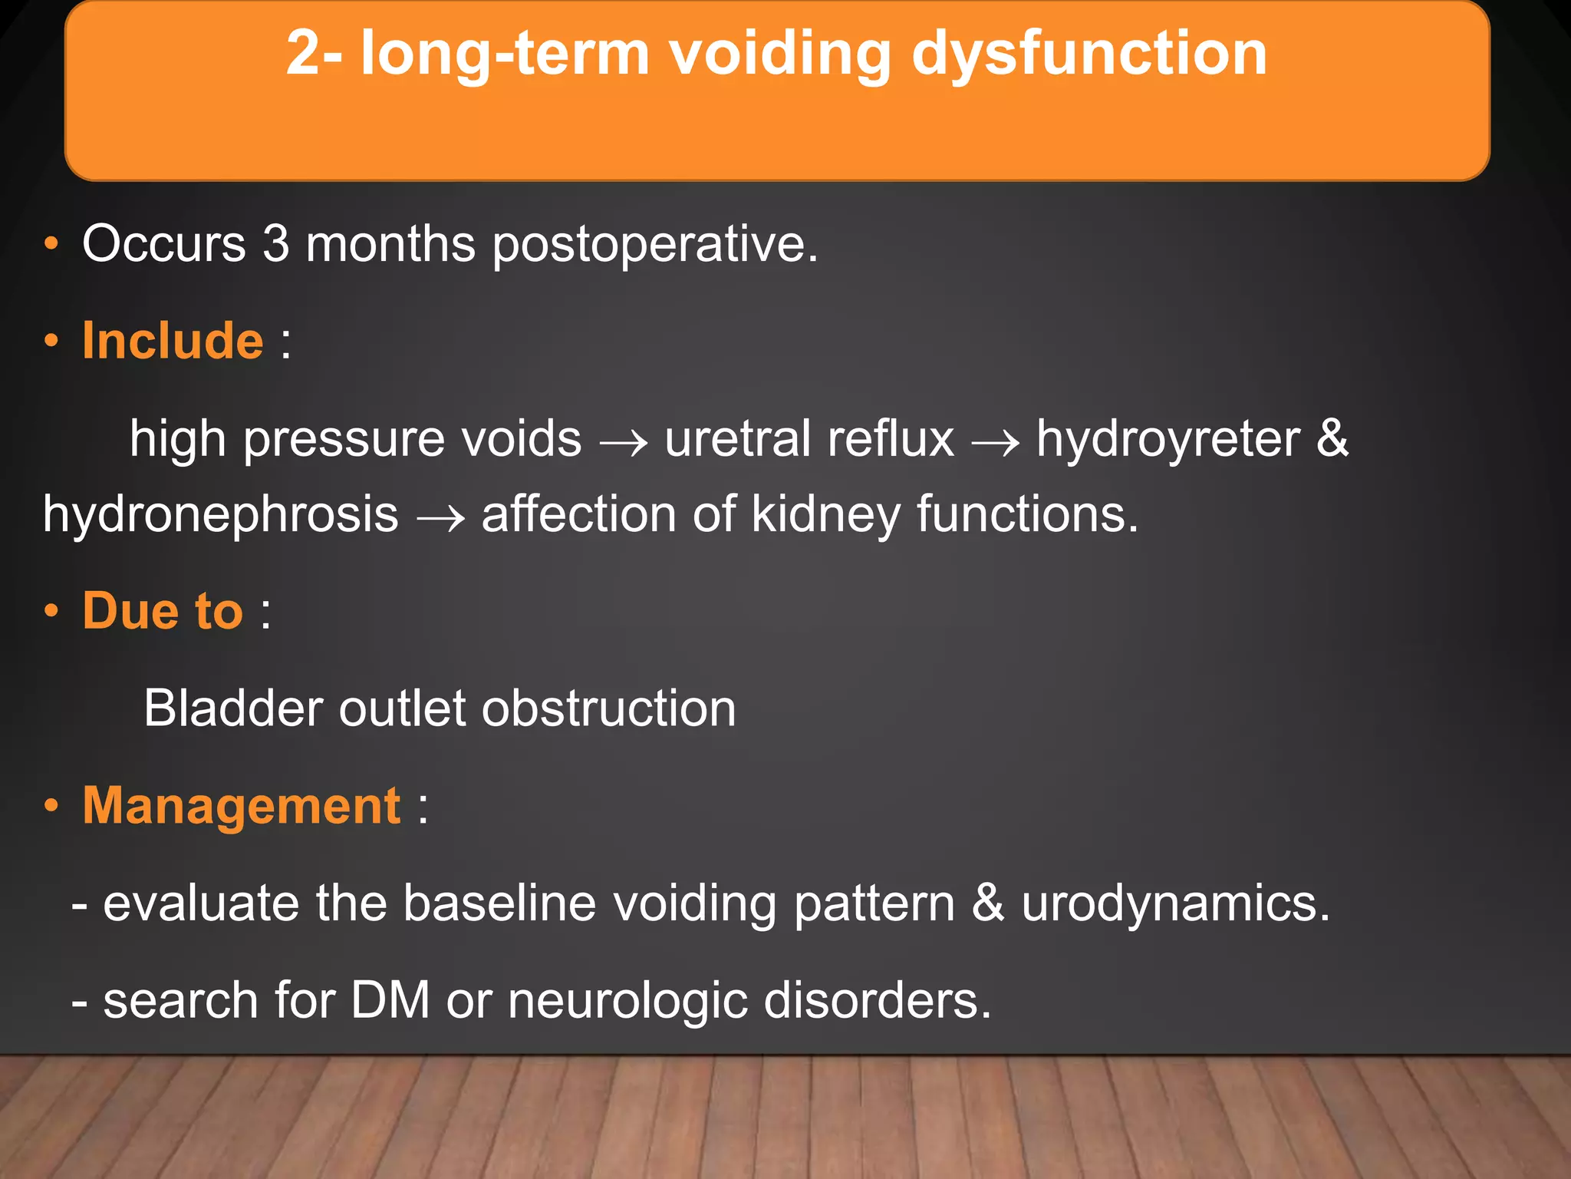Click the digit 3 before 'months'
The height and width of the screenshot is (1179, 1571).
[276, 244]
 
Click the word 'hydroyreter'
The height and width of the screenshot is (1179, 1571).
[1168, 440]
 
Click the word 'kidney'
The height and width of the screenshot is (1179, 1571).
[825, 515]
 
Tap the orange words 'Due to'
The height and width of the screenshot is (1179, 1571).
[163, 611]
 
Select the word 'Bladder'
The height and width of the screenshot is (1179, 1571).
[232, 708]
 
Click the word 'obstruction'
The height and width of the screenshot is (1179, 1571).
[608, 708]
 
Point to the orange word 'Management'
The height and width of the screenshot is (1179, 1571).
[241, 806]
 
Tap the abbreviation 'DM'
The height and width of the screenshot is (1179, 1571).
[390, 1000]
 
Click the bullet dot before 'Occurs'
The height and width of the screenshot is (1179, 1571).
[51, 245]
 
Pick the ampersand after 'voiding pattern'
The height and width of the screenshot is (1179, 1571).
[988, 903]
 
